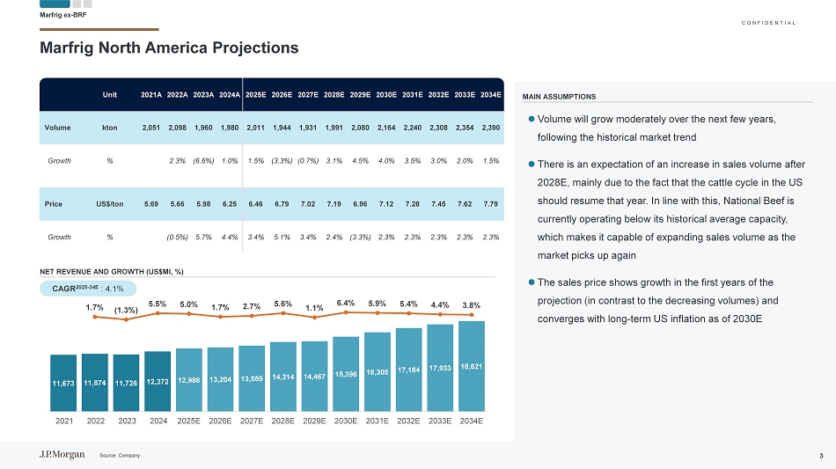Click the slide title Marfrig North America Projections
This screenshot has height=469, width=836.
pyautogui.click(x=169, y=48)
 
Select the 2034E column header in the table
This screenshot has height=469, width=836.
pyautogui.click(x=491, y=94)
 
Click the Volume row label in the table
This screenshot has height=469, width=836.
pyautogui.click(x=58, y=128)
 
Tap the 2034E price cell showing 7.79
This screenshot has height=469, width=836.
pyautogui.click(x=491, y=203)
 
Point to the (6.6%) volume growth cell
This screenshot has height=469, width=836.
pyautogui.click(x=204, y=161)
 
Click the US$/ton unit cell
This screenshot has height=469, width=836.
pyautogui.click(x=109, y=203)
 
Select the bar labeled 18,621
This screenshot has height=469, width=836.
pyautogui.click(x=472, y=365)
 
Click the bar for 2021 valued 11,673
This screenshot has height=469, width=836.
pyautogui.click(x=64, y=382)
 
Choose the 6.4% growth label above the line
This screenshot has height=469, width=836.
pyautogui.click(x=346, y=304)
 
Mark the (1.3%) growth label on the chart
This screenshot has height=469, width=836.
pyautogui.click(x=126, y=310)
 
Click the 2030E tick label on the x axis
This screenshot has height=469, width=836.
pyautogui.click(x=346, y=421)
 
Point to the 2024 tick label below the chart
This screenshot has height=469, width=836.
pyautogui.click(x=158, y=421)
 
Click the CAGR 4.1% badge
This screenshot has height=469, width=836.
pyautogui.click(x=88, y=287)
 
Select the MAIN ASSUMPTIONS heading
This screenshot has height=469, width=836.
pyautogui.click(x=559, y=97)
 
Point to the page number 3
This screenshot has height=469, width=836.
pyautogui.click(x=820, y=455)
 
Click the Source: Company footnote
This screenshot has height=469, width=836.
pyautogui.click(x=121, y=455)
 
